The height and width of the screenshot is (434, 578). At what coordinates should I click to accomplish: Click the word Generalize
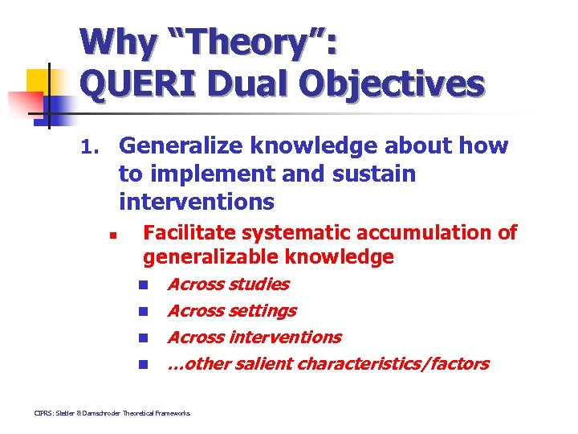(182, 145)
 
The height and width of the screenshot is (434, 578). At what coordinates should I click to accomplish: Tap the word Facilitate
(190, 232)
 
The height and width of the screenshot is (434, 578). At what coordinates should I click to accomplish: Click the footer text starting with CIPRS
(112, 412)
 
